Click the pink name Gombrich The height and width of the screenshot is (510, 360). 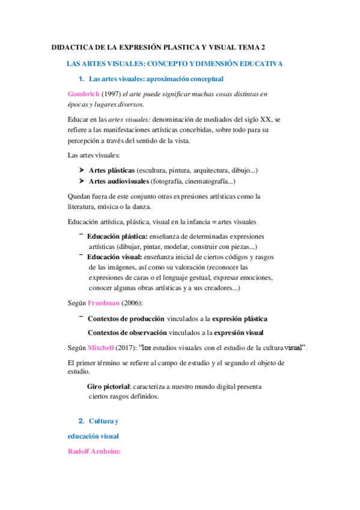83,94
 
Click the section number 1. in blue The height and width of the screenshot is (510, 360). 81,79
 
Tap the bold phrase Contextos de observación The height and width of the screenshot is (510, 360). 127,333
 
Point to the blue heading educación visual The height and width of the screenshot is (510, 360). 93,436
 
